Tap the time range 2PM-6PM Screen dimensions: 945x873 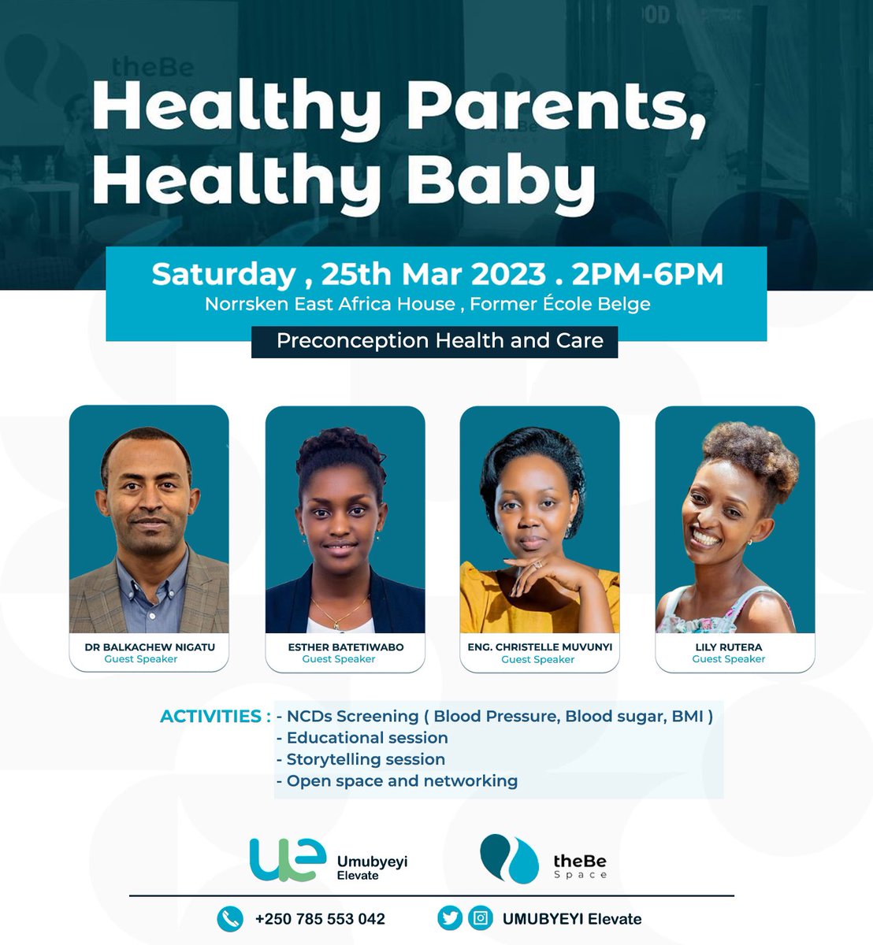point(648,274)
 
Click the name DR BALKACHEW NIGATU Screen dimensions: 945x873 point(150,647)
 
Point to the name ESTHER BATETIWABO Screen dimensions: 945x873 point(345,647)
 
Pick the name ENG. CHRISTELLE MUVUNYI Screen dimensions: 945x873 point(539,647)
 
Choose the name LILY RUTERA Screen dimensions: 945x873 point(728,647)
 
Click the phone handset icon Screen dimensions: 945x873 point(229,918)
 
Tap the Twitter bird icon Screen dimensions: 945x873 point(450,918)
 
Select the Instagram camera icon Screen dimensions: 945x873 point(481,918)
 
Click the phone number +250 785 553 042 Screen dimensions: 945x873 point(320,919)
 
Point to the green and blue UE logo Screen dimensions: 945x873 point(287,859)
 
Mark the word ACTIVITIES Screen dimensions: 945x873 point(210,717)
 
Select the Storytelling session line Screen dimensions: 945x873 point(366,759)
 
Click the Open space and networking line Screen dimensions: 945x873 point(402,781)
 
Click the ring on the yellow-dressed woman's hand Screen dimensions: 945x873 point(538,565)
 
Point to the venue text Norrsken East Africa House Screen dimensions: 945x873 point(330,304)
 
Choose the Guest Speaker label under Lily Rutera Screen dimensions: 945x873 point(728,659)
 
